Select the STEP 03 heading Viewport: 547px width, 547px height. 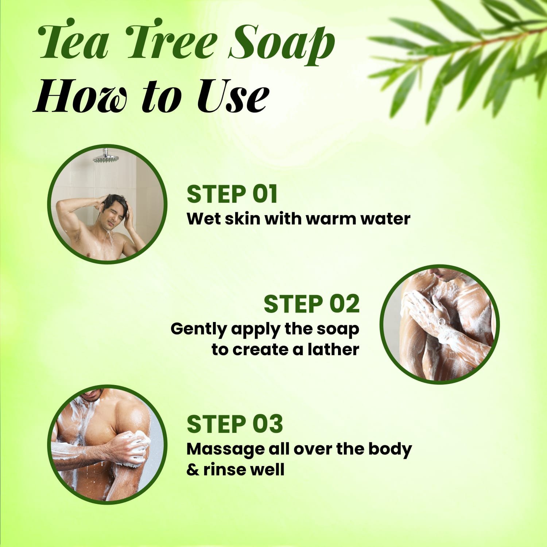(234, 424)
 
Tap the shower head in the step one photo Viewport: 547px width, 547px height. (107, 159)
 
